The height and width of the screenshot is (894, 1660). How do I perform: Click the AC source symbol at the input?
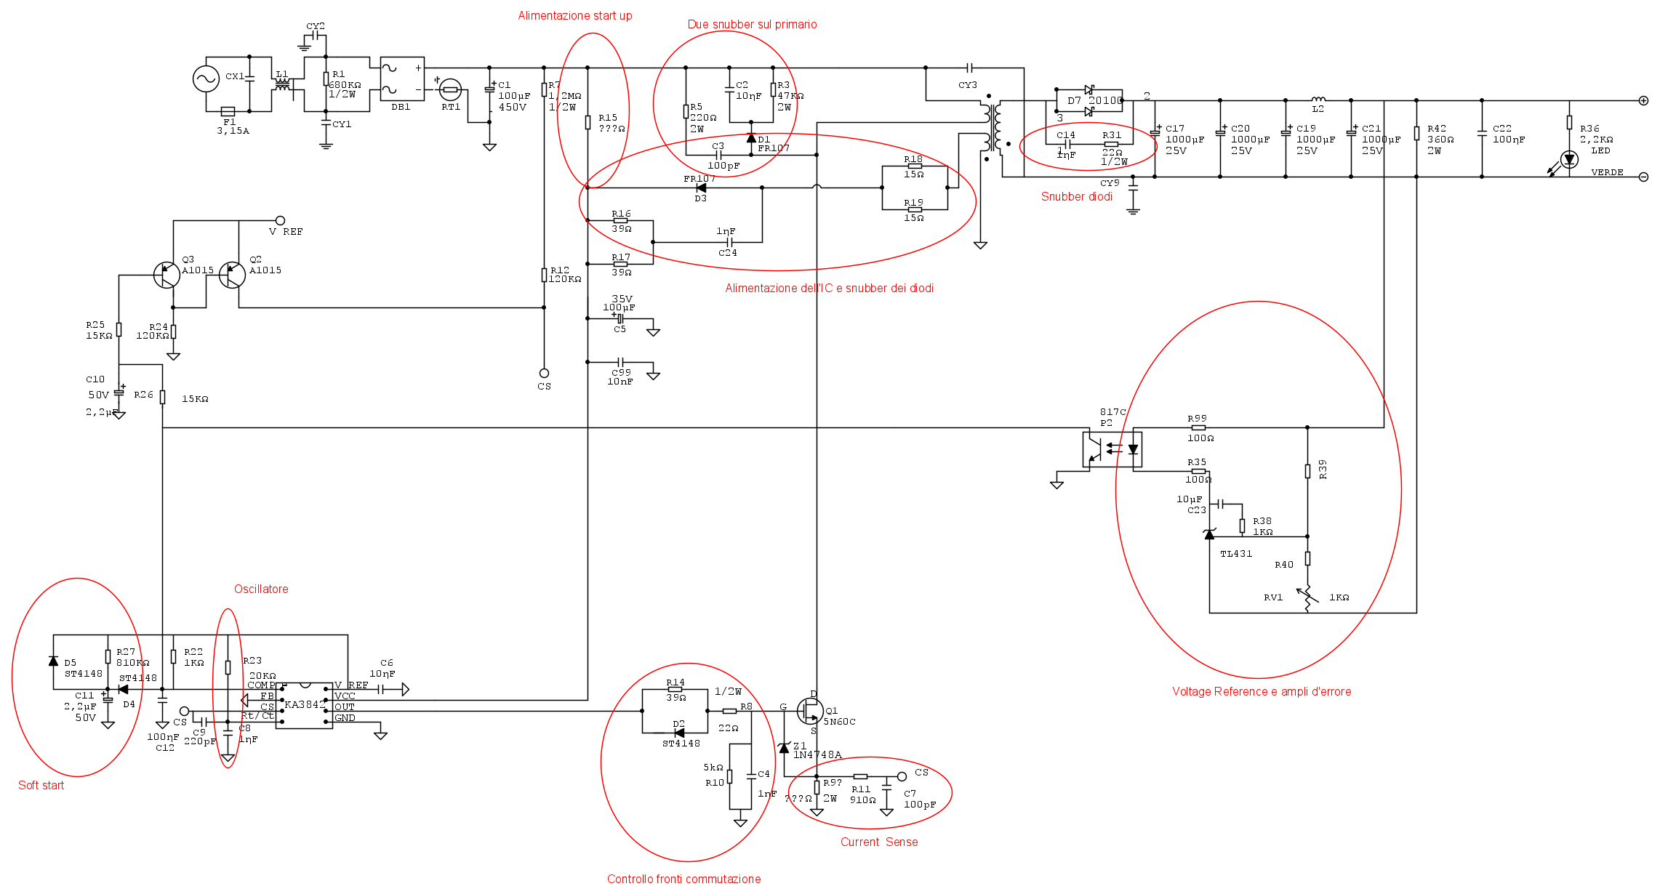[206, 78]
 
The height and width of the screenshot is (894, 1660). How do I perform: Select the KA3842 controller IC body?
[304, 705]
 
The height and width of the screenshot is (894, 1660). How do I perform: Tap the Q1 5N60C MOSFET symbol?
[810, 711]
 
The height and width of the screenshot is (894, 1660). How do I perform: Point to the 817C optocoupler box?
[1112, 449]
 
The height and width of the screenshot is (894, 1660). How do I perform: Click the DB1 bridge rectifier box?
[402, 78]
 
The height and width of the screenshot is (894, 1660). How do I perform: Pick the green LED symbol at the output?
[1569, 159]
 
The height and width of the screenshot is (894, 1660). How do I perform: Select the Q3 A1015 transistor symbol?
[167, 275]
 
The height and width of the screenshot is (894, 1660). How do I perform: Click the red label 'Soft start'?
[41, 786]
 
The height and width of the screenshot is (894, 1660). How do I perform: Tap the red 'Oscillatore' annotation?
[261, 589]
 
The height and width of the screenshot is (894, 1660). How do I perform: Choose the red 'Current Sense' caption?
[879, 842]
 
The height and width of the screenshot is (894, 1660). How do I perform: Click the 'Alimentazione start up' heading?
[574, 16]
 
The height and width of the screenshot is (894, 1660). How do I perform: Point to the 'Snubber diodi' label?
[1076, 197]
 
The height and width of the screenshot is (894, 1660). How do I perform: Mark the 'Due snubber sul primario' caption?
[752, 25]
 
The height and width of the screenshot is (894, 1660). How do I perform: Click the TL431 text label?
[1236, 554]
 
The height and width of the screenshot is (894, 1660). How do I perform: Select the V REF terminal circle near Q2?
[280, 220]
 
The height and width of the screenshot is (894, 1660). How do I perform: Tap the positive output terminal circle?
[1643, 100]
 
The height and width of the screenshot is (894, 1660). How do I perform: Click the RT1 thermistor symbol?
[450, 89]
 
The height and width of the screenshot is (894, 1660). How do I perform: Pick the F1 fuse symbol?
[228, 111]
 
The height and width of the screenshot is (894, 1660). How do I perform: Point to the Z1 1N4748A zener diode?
[784, 747]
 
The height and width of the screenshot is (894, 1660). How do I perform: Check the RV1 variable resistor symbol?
[1307, 597]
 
